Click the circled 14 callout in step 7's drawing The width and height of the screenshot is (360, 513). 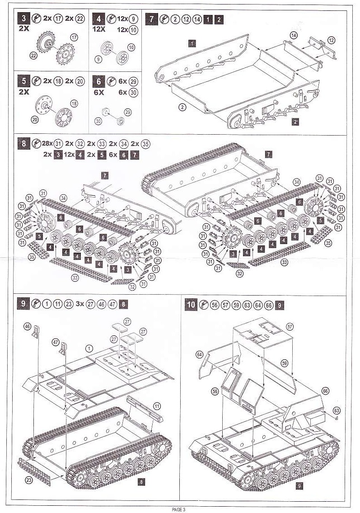click(294, 35)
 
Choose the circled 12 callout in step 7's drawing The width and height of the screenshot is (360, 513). click(331, 41)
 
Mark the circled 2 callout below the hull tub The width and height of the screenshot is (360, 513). click(182, 107)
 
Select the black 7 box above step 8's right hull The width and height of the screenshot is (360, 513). click(268, 155)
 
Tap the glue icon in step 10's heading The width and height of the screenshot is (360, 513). click(203, 305)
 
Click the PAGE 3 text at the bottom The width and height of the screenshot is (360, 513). click(179, 509)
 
